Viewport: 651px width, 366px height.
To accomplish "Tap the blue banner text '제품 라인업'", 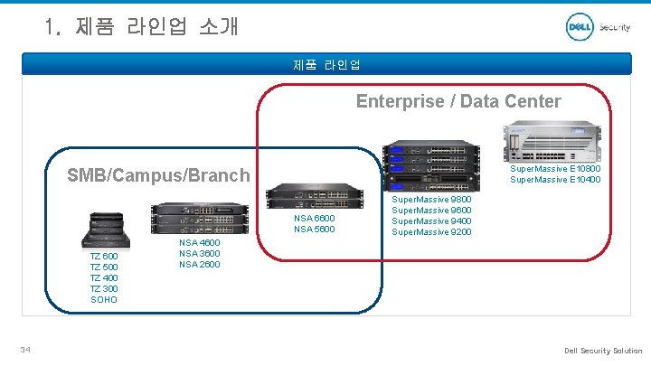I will pyautogui.click(x=326, y=64).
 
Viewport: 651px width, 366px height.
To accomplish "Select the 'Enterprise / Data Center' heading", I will pyautogui.click(x=458, y=101).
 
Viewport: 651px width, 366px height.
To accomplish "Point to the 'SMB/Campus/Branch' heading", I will pyautogui.click(x=158, y=175).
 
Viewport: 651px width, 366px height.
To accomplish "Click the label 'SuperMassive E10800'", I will pyautogui.click(x=555, y=169).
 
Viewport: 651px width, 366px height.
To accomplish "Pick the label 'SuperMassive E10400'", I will pyautogui.click(x=555, y=180).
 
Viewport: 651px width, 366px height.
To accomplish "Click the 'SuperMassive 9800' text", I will pyautogui.click(x=431, y=200).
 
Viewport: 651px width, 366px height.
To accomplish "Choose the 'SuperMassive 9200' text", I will pyautogui.click(x=431, y=232).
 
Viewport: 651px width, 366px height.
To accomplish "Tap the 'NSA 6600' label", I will pyautogui.click(x=315, y=218).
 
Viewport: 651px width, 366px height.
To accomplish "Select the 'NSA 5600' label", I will pyautogui.click(x=315, y=229).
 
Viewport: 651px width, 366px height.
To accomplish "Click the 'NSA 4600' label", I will pyautogui.click(x=200, y=242).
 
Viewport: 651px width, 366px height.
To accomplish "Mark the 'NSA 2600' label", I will pyautogui.click(x=200, y=264).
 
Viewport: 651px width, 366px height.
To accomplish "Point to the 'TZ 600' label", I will pyautogui.click(x=104, y=257).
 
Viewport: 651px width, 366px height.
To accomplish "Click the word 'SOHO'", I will pyautogui.click(x=104, y=299).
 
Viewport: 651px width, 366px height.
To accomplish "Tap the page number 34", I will pyautogui.click(x=28, y=351).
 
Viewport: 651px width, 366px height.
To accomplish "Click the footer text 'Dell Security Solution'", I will pyautogui.click(x=603, y=351).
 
